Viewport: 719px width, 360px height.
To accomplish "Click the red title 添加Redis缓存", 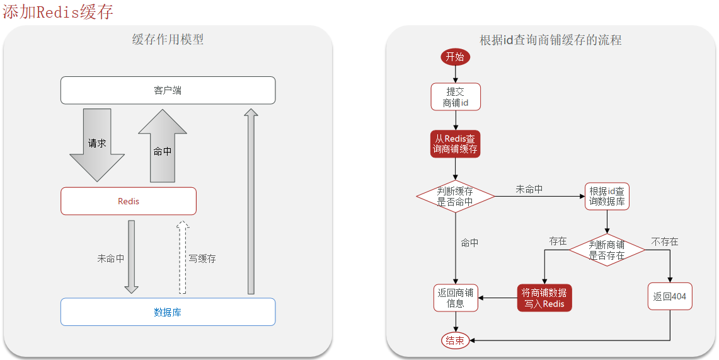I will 58,12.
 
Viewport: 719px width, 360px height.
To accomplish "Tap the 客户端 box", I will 168,90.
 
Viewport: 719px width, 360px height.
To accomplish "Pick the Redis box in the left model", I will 129,201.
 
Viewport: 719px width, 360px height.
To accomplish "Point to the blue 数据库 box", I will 168,312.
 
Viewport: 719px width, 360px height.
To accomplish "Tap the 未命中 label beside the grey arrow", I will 110,258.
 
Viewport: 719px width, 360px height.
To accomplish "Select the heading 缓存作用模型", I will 168,39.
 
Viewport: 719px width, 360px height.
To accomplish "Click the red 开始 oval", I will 455,57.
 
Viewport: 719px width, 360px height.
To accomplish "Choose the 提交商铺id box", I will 456,97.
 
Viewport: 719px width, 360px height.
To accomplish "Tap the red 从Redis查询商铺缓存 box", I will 455,144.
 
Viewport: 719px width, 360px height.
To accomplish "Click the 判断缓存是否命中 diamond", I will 455,196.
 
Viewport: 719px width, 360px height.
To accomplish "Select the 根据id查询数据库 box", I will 607,196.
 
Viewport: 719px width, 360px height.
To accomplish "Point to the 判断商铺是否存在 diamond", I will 607,250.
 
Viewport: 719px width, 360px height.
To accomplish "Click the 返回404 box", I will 669,296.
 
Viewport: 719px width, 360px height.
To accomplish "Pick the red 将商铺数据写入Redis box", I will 544,298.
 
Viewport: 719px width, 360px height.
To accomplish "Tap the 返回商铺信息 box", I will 455,298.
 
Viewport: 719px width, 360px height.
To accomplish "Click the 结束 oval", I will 455,340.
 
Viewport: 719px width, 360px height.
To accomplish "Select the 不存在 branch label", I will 664,241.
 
